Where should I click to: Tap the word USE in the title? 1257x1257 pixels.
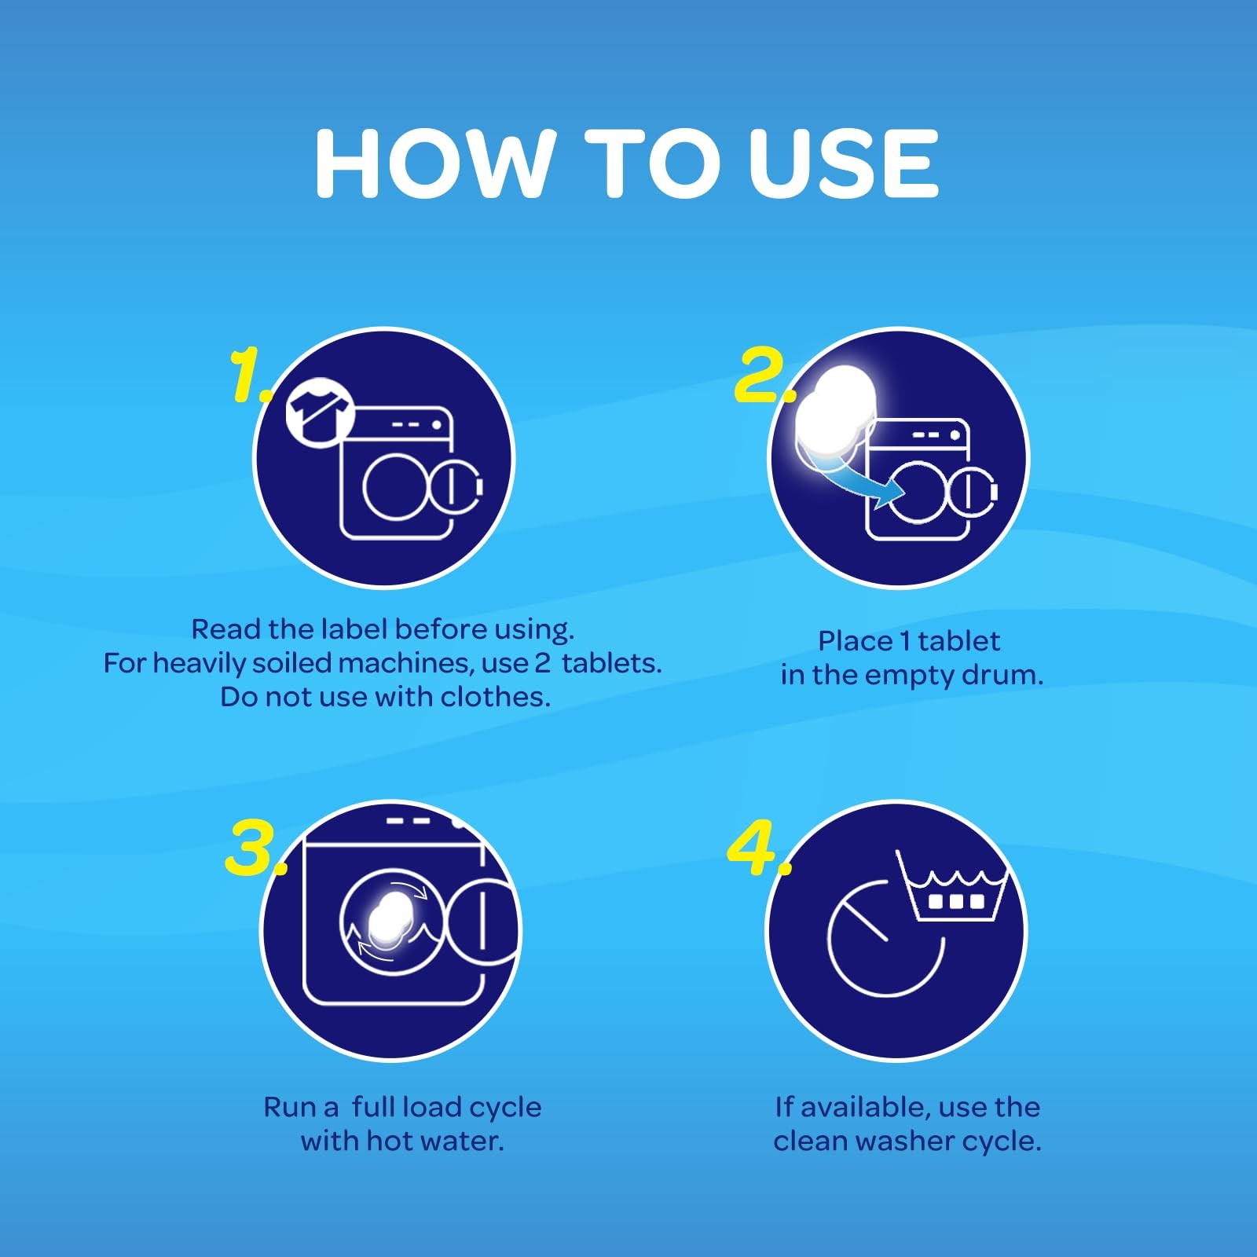click(843, 163)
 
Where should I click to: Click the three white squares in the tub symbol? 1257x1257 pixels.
click(953, 900)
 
